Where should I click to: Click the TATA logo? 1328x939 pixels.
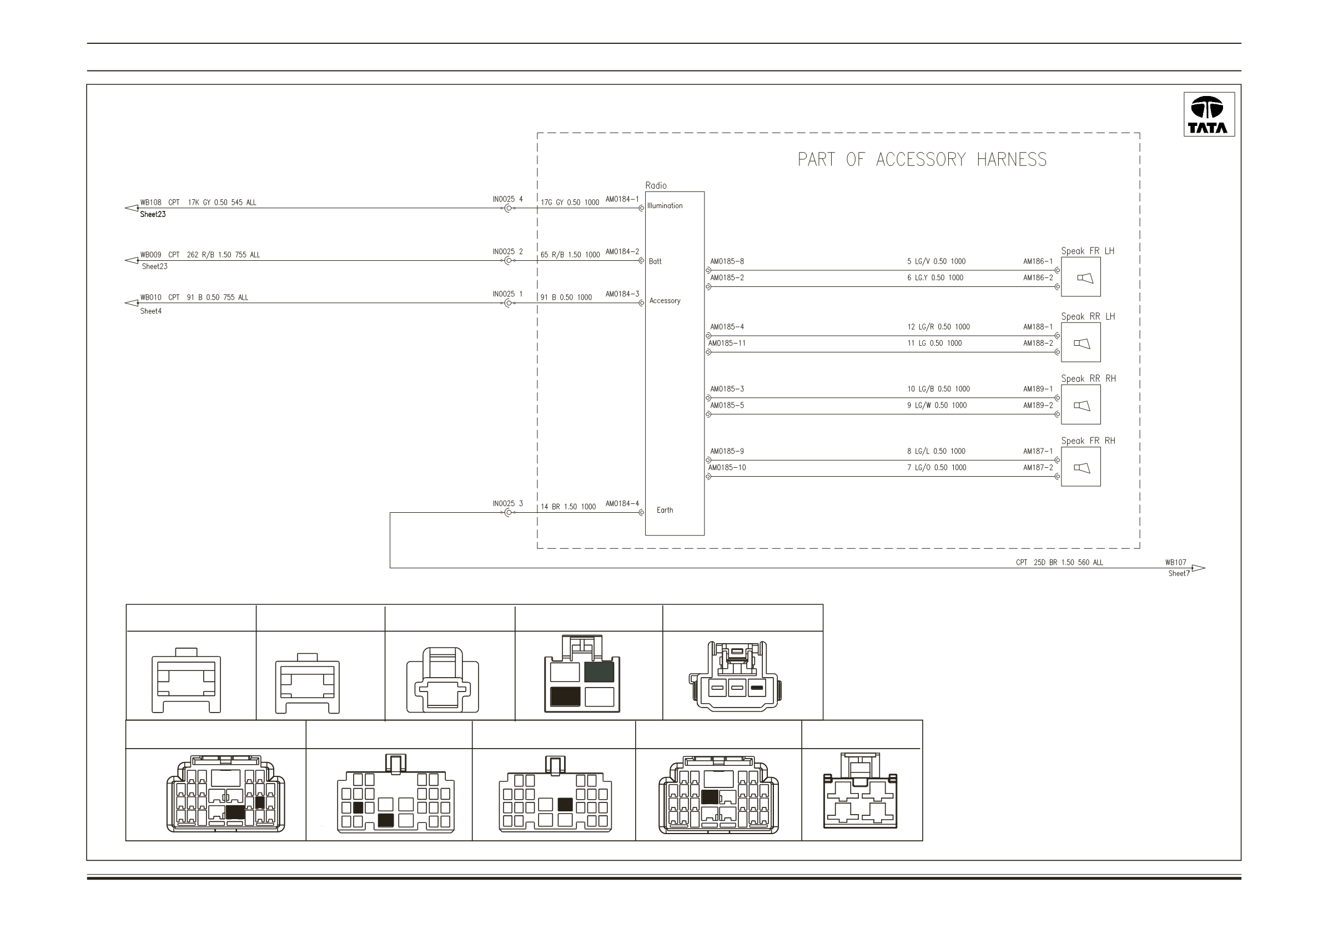click(x=1209, y=114)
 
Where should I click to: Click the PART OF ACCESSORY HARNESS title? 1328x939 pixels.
click(x=922, y=160)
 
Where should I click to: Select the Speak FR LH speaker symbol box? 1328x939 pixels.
click(x=1080, y=277)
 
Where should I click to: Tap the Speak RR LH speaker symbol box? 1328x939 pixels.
click(x=1080, y=342)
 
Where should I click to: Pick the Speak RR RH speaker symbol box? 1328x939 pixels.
click(x=1080, y=405)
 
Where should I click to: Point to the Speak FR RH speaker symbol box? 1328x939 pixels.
click(x=1080, y=467)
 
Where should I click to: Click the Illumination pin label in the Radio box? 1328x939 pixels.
click(x=665, y=206)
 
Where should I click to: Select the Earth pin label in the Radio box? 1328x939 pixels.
click(x=665, y=510)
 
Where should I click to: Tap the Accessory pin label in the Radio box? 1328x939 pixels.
click(x=665, y=301)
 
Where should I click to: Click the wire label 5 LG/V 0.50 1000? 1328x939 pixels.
click(x=936, y=261)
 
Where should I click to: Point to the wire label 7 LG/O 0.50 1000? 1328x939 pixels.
click(x=937, y=467)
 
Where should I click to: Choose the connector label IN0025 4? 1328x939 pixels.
click(x=507, y=199)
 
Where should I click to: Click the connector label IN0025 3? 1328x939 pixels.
click(x=507, y=503)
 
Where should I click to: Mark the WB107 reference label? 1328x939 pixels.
click(x=1175, y=562)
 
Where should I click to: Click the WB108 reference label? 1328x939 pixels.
click(x=150, y=203)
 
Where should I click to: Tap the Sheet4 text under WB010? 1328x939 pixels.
click(x=150, y=311)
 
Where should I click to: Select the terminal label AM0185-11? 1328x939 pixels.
click(x=727, y=343)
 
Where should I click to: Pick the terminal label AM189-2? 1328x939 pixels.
click(x=1038, y=405)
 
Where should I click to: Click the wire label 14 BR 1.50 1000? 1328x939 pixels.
click(x=568, y=507)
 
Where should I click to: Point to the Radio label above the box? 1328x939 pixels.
click(x=656, y=185)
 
